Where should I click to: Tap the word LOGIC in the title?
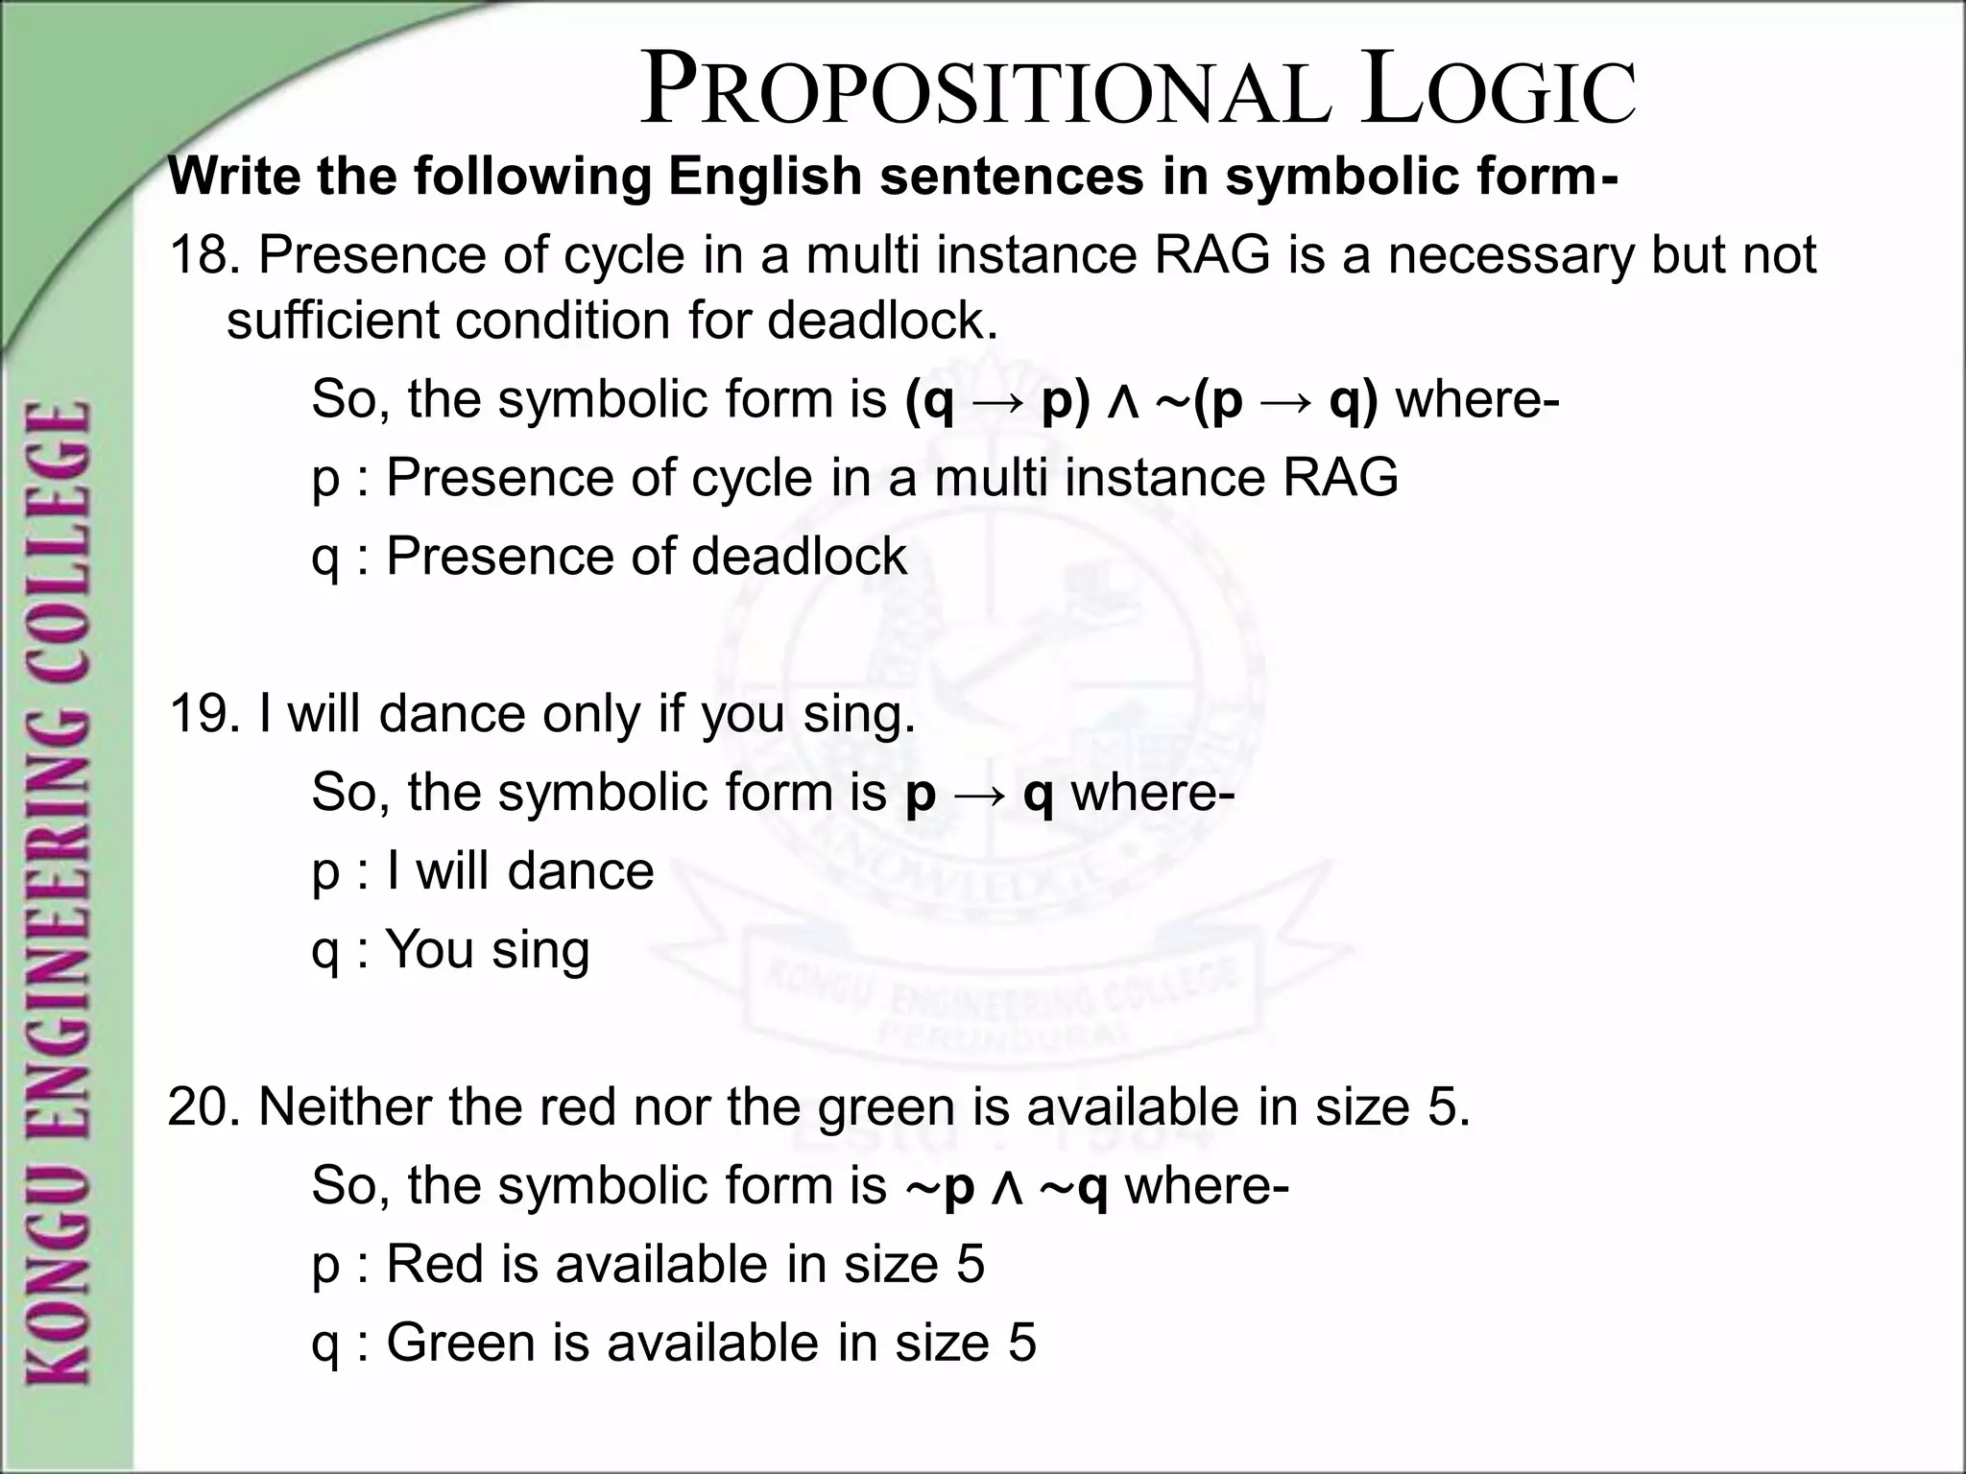[x=1498, y=92]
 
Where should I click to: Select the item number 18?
[x=204, y=255]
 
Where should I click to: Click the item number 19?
[x=204, y=714]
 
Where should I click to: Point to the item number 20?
[x=204, y=1107]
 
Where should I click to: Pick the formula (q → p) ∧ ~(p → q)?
[x=1141, y=399]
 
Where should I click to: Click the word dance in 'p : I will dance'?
[x=580, y=871]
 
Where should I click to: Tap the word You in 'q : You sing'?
[x=429, y=950]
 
